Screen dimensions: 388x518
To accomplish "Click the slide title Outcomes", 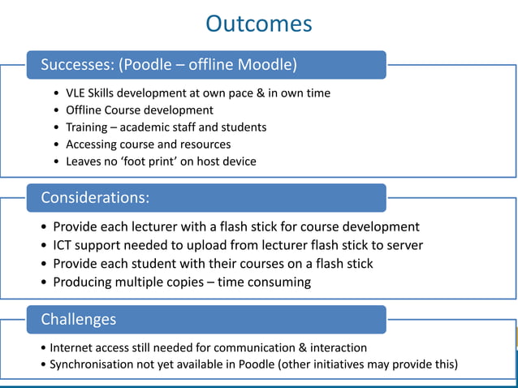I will (258, 24).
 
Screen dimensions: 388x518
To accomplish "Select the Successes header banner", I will (206, 64).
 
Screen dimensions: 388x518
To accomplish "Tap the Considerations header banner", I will (206, 197).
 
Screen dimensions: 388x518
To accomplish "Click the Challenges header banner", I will (206, 319).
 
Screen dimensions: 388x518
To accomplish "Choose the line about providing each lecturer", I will (235, 226).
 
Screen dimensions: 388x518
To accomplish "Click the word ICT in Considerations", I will (65, 245).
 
